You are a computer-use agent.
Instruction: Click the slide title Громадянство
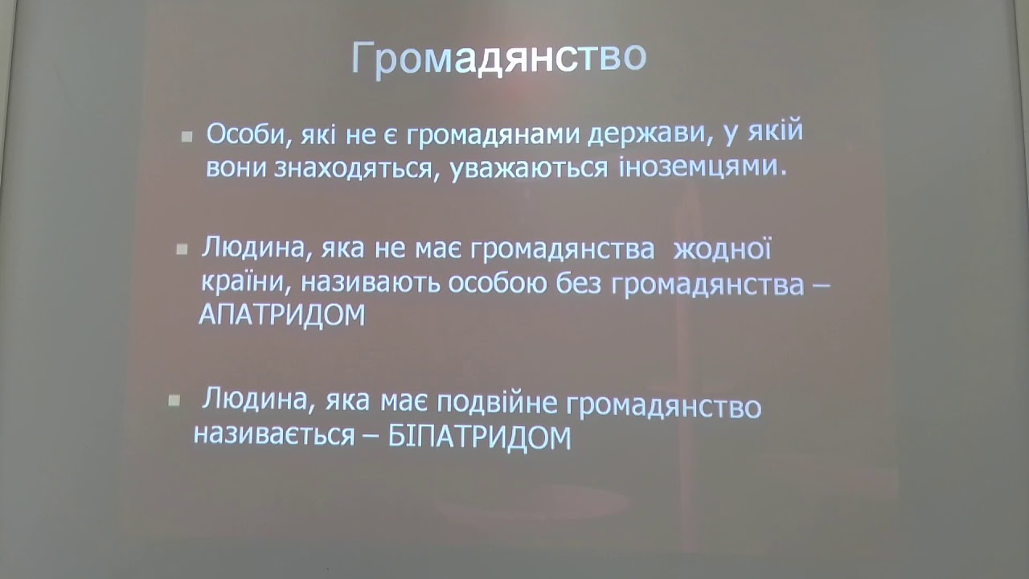pos(499,59)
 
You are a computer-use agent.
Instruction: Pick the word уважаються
pos(528,168)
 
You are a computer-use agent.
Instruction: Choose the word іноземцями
pos(703,166)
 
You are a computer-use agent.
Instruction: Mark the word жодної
pos(722,249)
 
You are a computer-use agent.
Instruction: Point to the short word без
pos(579,284)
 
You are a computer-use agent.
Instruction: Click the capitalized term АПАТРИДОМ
pos(282,315)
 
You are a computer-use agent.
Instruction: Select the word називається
pos(274,435)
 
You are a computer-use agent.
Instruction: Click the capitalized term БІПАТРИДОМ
pos(480,437)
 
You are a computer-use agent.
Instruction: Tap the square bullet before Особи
pos(187,137)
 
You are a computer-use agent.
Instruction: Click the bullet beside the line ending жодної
pos(182,249)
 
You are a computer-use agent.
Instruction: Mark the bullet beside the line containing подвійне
pos(174,400)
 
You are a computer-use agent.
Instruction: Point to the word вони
pos(236,168)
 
